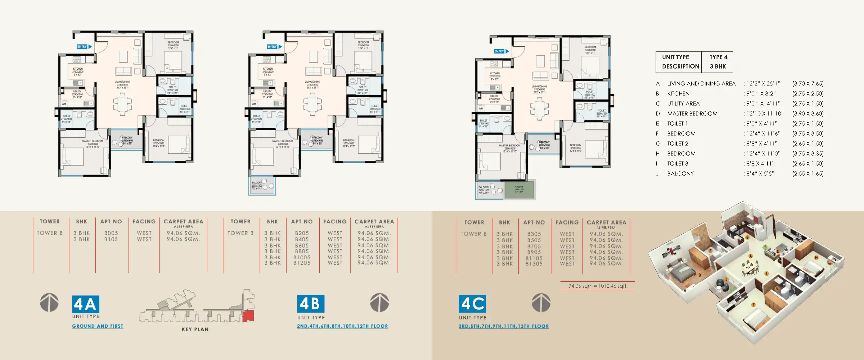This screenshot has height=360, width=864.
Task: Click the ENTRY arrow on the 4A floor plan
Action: tap(84, 47)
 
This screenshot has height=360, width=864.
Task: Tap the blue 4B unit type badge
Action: tap(311, 304)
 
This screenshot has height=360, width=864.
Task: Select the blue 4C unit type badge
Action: tap(472, 304)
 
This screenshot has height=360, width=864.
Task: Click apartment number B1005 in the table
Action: tap(302, 257)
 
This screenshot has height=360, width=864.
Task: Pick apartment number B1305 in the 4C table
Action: tap(534, 264)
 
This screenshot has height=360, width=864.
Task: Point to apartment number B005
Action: tap(111, 233)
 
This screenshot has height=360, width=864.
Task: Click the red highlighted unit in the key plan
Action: tap(248, 316)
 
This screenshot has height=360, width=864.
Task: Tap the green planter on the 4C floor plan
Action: tap(519, 190)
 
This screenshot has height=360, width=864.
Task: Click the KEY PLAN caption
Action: tap(195, 329)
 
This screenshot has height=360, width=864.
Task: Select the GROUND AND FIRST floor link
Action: tap(98, 326)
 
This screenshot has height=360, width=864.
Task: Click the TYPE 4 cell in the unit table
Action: tap(718, 57)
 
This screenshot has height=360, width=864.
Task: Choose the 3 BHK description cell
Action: tap(718, 66)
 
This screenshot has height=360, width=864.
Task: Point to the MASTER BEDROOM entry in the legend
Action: tap(692, 113)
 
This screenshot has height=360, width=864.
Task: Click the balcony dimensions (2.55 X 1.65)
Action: tap(808, 173)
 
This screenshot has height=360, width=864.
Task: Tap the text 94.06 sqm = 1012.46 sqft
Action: tap(598, 286)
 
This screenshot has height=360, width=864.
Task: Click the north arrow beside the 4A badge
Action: tap(49, 302)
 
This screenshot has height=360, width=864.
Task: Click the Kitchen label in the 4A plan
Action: tap(78, 69)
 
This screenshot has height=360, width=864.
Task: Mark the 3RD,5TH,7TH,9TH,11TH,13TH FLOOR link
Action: tap(504, 326)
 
